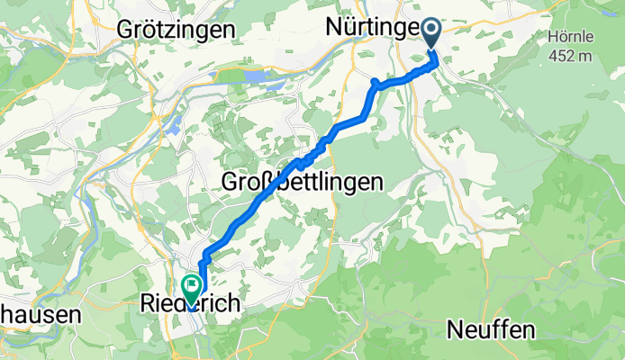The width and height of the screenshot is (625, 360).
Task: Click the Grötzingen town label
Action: (177, 29)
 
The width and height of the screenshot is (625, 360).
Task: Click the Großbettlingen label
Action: (303, 182)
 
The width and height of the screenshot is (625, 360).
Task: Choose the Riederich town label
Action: (191, 306)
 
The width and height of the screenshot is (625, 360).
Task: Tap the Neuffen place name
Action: (490, 330)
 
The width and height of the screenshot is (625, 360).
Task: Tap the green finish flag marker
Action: (192, 289)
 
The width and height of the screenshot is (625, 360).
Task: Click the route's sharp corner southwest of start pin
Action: (375, 82)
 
